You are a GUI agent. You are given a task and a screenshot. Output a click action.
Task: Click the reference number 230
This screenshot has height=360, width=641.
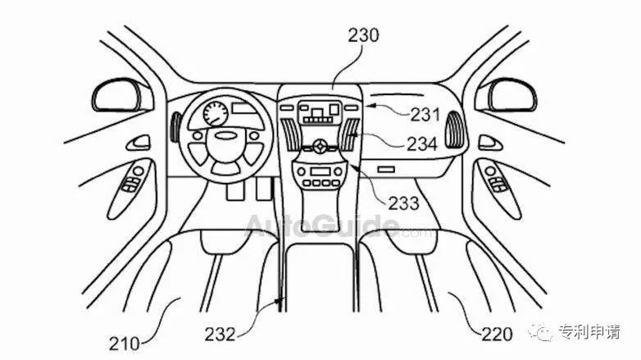[x=363, y=35]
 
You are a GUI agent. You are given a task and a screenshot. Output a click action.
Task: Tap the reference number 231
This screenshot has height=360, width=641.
[x=425, y=115]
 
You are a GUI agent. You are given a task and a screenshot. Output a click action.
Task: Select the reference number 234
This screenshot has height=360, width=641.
[x=422, y=144]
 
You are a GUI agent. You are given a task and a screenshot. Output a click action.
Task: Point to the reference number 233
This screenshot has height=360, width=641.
[x=403, y=203]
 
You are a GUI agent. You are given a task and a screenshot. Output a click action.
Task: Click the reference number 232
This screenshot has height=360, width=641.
[x=220, y=335]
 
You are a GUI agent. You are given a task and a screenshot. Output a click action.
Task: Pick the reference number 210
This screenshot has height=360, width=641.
[x=124, y=343]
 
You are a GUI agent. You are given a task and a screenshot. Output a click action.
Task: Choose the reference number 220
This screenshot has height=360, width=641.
[x=497, y=335]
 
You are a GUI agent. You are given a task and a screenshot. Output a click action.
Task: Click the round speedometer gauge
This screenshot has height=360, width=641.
[x=216, y=113]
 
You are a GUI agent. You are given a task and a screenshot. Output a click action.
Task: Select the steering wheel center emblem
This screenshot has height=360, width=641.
[x=226, y=136]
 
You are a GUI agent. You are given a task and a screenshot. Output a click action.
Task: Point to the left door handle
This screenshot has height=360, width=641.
[x=139, y=143]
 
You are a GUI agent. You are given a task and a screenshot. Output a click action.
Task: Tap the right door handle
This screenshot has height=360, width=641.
[x=489, y=143]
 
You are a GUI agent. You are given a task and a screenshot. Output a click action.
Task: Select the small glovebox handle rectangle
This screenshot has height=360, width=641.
[x=386, y=169]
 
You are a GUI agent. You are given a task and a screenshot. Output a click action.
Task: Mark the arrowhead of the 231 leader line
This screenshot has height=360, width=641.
[x=367, y=107]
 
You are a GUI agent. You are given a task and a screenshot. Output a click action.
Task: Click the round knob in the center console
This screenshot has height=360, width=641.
[x=320, y=146]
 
